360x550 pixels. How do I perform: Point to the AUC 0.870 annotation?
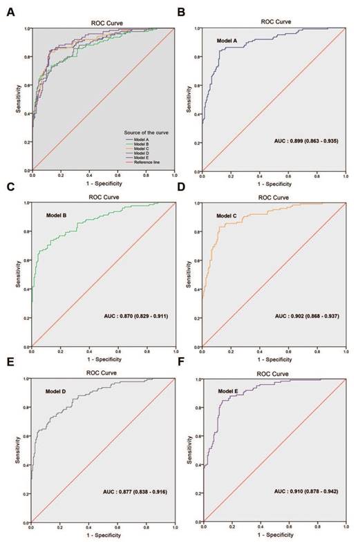point(129,316)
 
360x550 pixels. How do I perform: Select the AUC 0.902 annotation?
point(298,316)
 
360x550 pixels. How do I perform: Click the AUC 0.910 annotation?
point(298,493)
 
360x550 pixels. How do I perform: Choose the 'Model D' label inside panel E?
point(58,390)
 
